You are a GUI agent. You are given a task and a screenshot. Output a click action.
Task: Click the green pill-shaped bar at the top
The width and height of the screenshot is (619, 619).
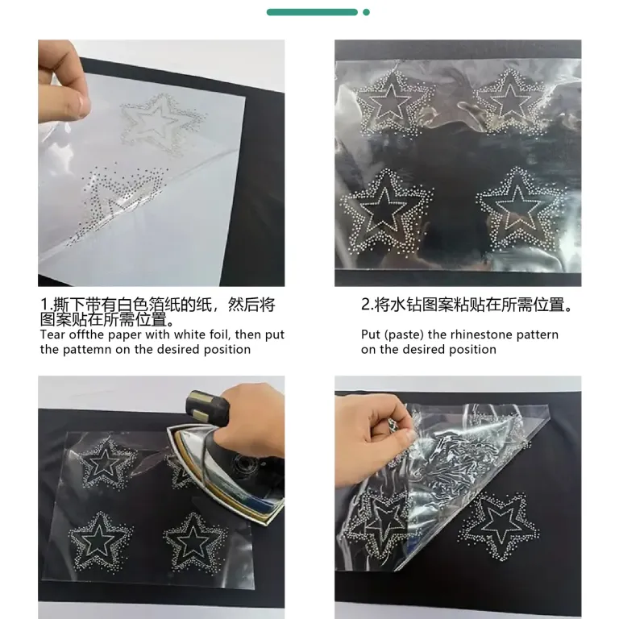[312, 12]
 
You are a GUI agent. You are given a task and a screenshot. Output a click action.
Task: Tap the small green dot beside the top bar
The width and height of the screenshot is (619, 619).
[367, 12]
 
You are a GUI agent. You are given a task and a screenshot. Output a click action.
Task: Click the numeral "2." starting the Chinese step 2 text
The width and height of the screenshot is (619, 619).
[368, 305]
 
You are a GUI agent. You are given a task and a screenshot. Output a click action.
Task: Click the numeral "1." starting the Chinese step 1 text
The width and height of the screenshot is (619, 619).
[46, 305]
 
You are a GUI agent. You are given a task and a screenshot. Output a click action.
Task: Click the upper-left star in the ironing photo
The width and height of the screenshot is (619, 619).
[106, 463]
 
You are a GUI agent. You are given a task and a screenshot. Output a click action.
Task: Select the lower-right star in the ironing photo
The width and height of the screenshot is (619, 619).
[194, 542]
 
